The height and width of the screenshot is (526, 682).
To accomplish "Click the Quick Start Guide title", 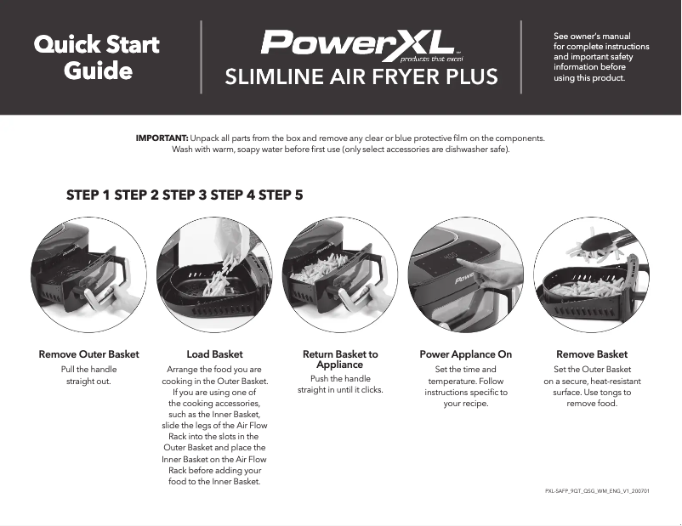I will pyautogui.click(x=96, y=56).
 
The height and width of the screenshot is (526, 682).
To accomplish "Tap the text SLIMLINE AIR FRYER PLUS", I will pyautogui.click(x=361, y=78).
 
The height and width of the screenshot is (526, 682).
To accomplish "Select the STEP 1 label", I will pyautogui.click(x=88, y=195).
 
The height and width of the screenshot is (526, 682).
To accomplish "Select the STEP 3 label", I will pyautogui.click(x=185, y=195).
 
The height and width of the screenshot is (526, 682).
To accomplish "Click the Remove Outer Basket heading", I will pyautogui.click(x=88, y=354).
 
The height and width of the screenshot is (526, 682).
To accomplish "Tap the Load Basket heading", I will pyautogui.click(x=214, y=354).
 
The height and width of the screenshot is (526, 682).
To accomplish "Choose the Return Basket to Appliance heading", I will pyautogui.click(x=340, y=359).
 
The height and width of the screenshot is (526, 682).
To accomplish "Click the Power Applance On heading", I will pyautogui.click(x=466, y=354).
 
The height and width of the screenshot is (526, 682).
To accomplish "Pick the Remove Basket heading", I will pyautogui.click(x=592, y=354).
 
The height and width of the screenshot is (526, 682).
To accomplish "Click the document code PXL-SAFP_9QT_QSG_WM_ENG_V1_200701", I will pyautogui.click(x=597, y=492).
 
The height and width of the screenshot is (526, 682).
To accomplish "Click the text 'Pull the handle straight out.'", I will pyautogui.click(x=88, y=375).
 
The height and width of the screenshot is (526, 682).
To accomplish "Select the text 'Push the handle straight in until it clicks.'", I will pyautogui.click(x=340, y=384).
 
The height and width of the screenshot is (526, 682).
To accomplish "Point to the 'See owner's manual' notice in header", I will pyautogui.click(x=600, y=57).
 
